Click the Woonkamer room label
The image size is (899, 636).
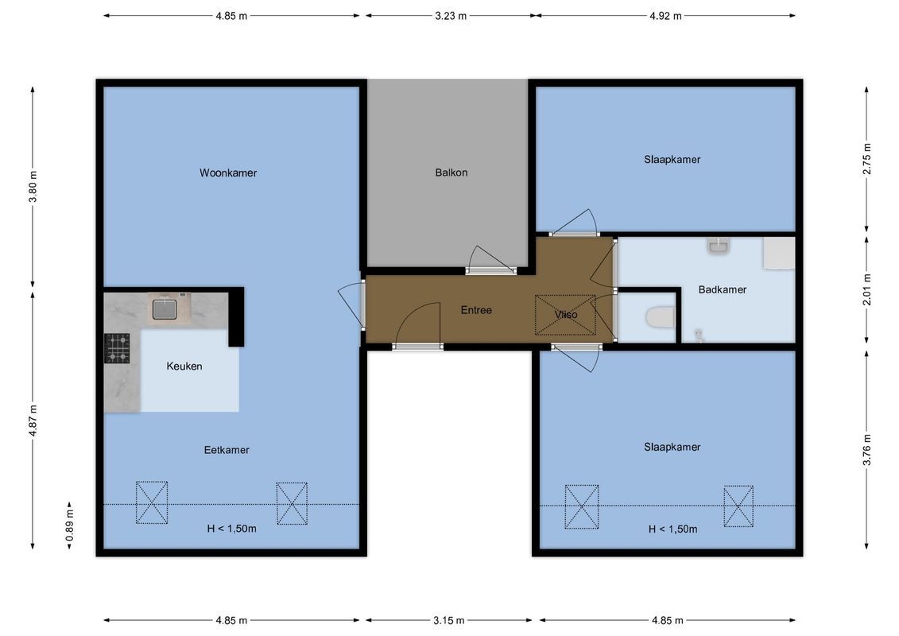coord(228,173)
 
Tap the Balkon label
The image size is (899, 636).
coord(451,173)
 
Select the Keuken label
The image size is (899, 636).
coord(184,366)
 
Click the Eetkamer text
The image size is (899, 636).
coord(227,450)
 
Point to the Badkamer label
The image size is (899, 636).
coord(723,289)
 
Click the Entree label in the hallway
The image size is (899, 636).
coord(476,310)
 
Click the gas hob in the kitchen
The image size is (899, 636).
coord(117,348)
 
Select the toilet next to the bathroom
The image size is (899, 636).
coord(661,318)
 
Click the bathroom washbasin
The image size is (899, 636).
coord(719,246)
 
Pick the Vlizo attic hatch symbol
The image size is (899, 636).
coord(565,315)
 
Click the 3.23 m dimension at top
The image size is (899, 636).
coord(451,16)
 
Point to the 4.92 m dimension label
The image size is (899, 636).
coord(665,16)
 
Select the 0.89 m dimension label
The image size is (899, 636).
coord(70,526)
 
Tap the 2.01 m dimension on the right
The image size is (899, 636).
coord(866,289)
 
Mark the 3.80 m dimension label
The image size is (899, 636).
coord(33,187)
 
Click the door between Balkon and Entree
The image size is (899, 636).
coord(490,262)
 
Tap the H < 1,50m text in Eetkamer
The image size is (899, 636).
coord(231,529)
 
